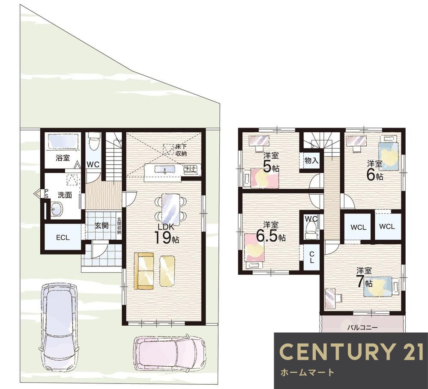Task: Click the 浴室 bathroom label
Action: tap(63, 157)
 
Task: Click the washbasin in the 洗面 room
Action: tap(56, 210)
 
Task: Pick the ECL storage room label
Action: tap(63, 238)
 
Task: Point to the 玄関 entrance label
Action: tap(102, 226)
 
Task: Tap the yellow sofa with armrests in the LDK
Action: tap(144, 271)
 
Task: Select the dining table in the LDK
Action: tap(171, 209)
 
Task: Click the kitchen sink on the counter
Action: tap(165, 169)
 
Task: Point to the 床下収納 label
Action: tap(181, 150)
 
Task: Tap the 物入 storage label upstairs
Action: tap(311, 160)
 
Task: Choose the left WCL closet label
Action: tap(358, 227)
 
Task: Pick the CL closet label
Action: tap(312, 257)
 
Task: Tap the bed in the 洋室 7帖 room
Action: tap(381, 286)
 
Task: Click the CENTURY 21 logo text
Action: tap(352, 351)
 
